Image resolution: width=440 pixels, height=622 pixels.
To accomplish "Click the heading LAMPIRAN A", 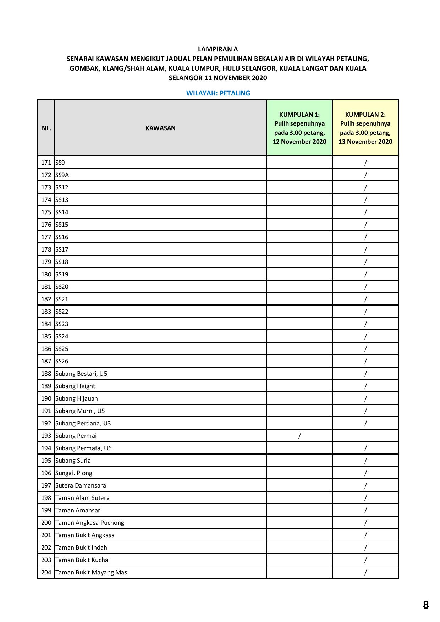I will click(218, 49).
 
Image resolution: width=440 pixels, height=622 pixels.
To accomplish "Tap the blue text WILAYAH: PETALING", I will click(218, 93).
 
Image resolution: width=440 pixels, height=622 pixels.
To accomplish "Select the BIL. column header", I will click(46, 128).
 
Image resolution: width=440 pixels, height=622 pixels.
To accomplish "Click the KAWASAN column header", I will click(160, 128).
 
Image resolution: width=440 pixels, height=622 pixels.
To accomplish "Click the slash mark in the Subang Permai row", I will click(299, 436).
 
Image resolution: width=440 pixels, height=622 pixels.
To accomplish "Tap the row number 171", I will click(46, 163).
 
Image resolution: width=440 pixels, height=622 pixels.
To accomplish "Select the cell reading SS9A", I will click(62, 175).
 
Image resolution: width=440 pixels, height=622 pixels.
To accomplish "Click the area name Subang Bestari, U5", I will click(81, 374).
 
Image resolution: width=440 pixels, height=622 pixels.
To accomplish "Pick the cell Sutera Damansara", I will click(81, 485).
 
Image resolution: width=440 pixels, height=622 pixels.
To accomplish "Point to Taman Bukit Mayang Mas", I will click(91, 572).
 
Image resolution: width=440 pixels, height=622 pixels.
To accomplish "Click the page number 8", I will click(426, 605).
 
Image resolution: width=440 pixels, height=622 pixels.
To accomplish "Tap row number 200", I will click(46, 523).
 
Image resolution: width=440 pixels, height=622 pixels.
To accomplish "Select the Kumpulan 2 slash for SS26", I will click(365, 361).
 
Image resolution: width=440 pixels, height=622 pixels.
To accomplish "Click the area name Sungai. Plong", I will click(74, 473).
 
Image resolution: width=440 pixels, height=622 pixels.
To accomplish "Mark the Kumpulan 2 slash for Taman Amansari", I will click(365, 510).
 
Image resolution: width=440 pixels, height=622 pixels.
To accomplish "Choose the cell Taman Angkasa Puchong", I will click(90, 523).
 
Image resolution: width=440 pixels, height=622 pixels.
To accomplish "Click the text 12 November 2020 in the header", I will click(299, 142).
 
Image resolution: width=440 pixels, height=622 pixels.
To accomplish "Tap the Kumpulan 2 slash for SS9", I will click(365, 163).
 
